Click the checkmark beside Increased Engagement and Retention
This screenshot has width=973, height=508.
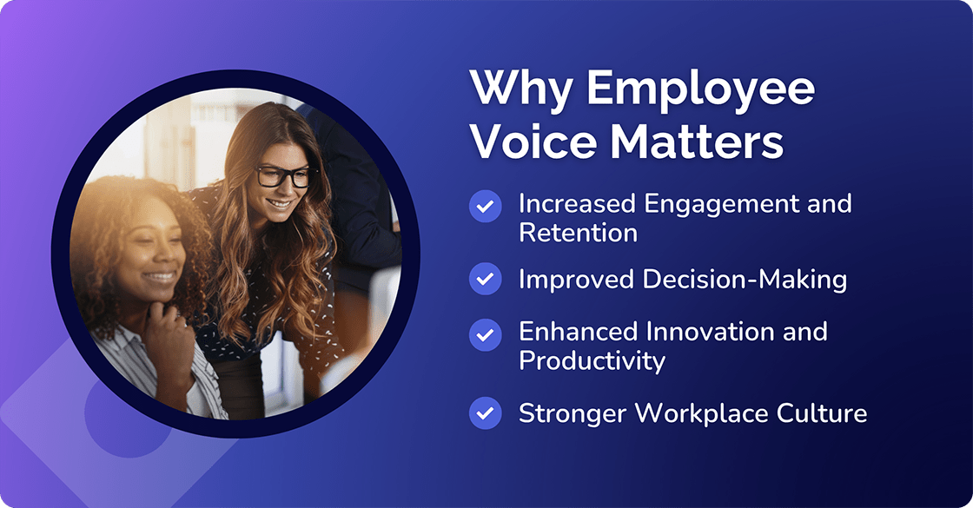click(x=486, y=206)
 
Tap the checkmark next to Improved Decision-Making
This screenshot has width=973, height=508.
click(x=486, y=280)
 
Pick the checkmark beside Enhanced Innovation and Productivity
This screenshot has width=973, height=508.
click(x=486, y=333)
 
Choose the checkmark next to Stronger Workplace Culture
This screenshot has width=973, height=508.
click(x=486, y=412)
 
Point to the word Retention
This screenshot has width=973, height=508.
click(x=578, y=233)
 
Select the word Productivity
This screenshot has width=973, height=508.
click(x=592, y=360)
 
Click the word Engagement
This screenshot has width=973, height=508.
click(x=712, y=205)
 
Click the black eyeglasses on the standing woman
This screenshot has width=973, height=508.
click(x=283, y=175)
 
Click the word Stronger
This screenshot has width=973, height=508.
click(x=571, y=412)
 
